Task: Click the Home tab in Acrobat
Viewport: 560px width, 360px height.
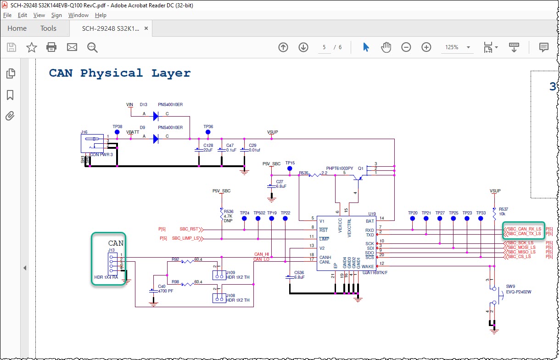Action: (17, 28)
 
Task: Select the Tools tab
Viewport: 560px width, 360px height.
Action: (48, 28)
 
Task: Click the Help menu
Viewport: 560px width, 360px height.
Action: (101, 15)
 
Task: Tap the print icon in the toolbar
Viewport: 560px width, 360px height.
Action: (51, 47)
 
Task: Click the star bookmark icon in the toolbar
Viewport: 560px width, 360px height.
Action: (31, 47)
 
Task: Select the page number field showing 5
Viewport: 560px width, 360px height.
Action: (324, 47)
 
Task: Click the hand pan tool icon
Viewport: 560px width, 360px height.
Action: (386, 47)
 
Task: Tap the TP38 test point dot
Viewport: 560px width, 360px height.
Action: (117, 132)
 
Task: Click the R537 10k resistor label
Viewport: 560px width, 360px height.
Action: (503, 211)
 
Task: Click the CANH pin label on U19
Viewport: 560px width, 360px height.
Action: (325, 257)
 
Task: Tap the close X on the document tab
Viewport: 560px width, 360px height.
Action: (146, 28)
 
